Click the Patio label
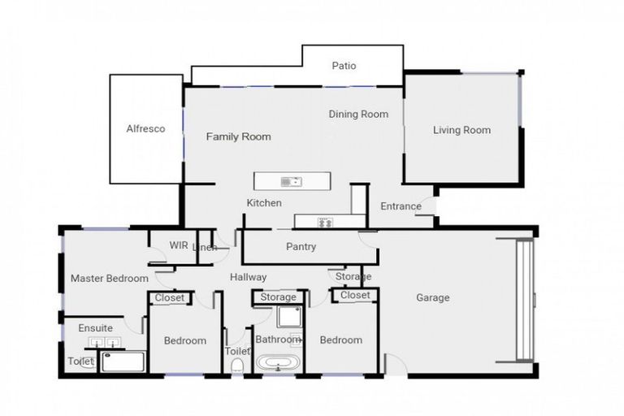tap(344, 66)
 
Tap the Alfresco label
tap(145, 128)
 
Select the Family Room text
tap(238, 136)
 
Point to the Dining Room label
tap(358, 114)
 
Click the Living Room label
tap(461, 130)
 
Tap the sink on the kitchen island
tap(291, 180)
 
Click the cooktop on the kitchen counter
tap(326, 222)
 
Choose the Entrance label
tap(401, 206)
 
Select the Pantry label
tap(301, 246)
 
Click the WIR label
tap(179, 245)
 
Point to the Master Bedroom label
tap(109, 279)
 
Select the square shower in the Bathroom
tap(288, 318)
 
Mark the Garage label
tap(433, 297)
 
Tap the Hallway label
tap(248, 277)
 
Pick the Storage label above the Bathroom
tap(279, 297)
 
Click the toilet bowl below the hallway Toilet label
tap(237, 366)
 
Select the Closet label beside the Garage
tap(355, 295)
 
